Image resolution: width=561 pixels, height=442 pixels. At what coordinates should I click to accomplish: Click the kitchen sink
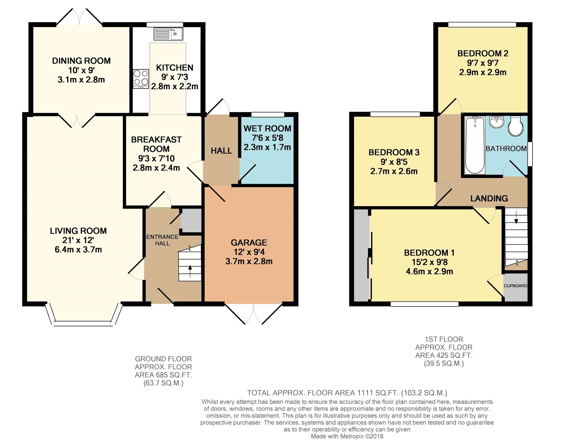(x=168, y=34)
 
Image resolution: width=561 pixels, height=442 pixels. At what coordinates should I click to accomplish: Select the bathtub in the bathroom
(x=475, y=145)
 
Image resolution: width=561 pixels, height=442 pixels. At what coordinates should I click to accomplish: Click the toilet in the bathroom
(x=516, y=126)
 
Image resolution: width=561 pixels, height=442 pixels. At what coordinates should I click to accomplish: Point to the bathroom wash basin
(x=496, y=122)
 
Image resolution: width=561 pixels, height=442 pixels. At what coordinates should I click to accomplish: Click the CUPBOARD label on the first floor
(x=515, y=286)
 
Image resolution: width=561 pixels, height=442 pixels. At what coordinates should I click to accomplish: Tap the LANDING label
(x=489, y=199)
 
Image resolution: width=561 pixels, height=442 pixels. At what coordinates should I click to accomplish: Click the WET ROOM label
(x=267, y=129)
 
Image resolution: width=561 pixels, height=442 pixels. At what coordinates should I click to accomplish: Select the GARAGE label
(x=249, y=243)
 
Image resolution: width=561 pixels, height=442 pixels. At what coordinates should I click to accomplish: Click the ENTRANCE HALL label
(x=162, y=240)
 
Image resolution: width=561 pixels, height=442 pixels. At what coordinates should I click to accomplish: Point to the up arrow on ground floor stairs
(x=190, y=271)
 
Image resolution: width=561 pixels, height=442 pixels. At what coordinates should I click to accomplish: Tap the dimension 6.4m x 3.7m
(x=78, y=250)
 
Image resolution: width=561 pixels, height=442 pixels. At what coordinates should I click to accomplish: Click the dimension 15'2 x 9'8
(x=430, y=262)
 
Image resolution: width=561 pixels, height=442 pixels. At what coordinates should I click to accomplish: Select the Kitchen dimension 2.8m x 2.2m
(x=175, y=86)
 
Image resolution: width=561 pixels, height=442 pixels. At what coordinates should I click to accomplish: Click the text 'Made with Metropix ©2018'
(x=347, y=436)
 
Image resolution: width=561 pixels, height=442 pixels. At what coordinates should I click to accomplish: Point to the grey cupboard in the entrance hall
(x=191, y=220)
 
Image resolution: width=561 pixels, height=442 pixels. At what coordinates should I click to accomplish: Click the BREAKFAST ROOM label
(x=156, y=144)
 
